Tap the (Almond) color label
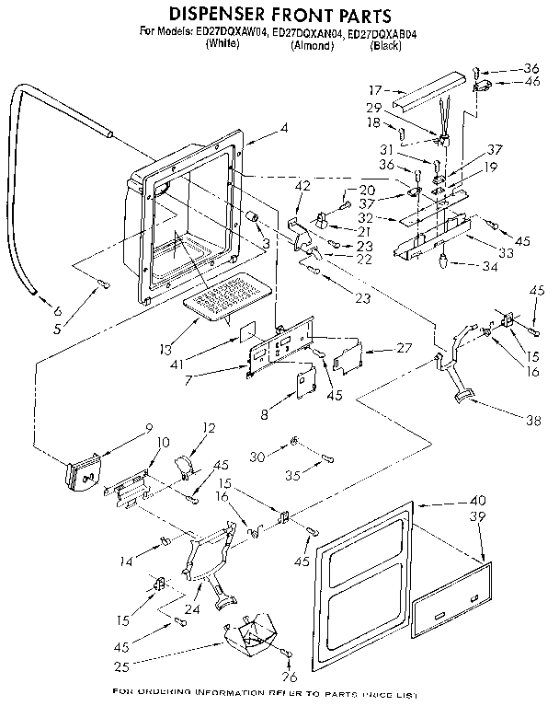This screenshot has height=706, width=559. (x=311, y=45)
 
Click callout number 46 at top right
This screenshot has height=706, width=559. (x=530, y=83)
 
